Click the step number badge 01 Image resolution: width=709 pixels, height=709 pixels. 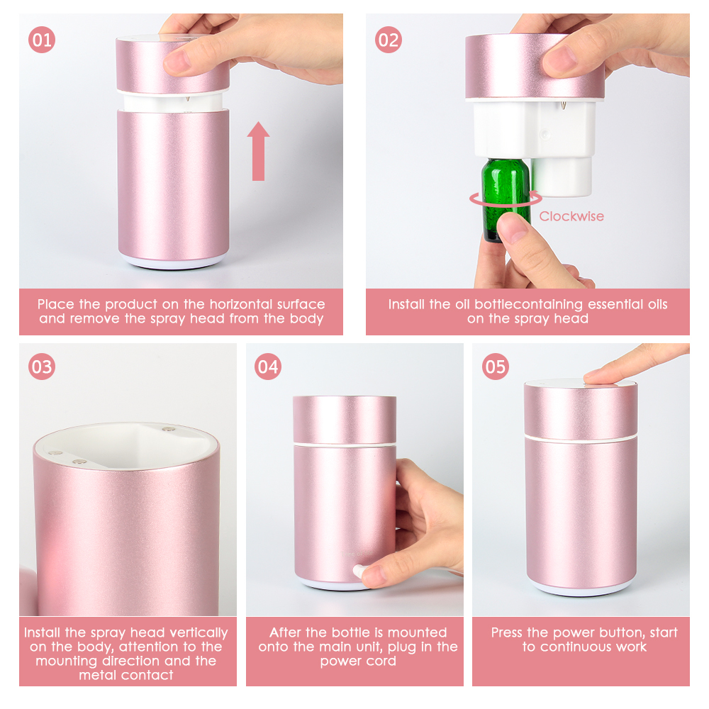[42, 40]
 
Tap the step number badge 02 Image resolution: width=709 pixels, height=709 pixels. [388, 40]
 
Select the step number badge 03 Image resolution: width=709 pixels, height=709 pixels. [42, 367]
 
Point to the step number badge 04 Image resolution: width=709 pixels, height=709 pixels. [268, 367]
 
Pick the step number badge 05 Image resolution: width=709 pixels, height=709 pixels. [495, 367]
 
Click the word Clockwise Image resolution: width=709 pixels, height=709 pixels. [571, 216]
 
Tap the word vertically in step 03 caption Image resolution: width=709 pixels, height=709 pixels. [198, 632]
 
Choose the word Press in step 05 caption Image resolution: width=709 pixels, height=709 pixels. [509, 632]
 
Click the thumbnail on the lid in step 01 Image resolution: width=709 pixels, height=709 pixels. [177, 62]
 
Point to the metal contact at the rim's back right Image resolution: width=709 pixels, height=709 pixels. [168, 430]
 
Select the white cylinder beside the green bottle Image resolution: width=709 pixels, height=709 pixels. [562, 176]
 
